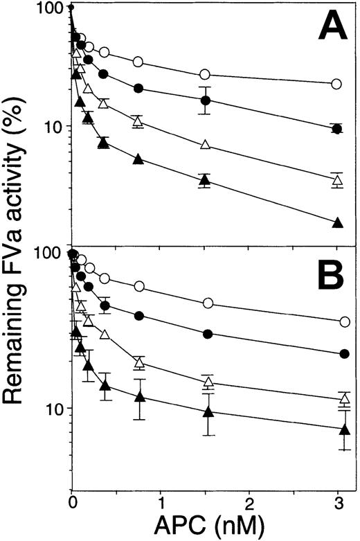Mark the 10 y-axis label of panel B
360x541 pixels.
(x=52, y=409)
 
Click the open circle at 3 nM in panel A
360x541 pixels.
(x=337, y=84)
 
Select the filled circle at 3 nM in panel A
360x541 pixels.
(x=337, y=129)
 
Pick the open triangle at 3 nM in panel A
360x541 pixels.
(x=337, y=180)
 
